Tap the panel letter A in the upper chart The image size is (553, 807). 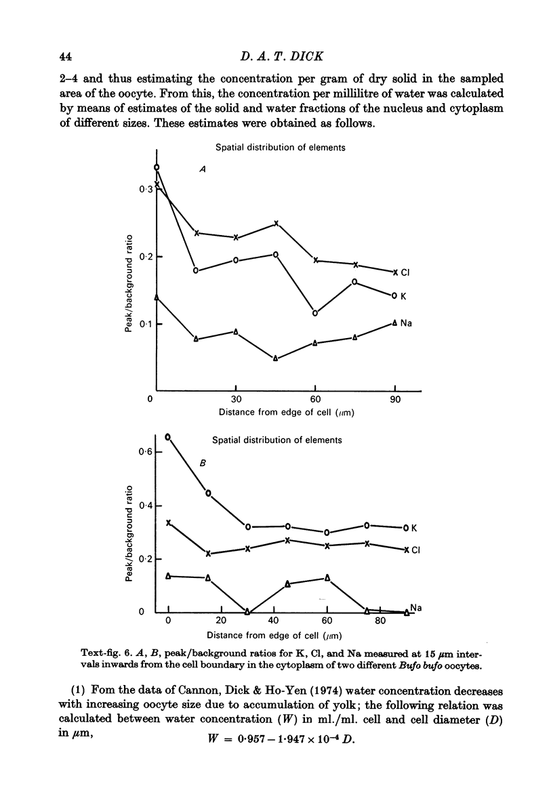tap(203, 171)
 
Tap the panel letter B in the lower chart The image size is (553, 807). tap(202, 463)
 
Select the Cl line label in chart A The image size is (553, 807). tap(405, 273)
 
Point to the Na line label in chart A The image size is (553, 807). tap(407, 323)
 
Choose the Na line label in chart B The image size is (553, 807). tap(415, 608)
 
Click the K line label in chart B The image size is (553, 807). tap(415, 528)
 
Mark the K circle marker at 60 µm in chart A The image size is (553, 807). tap(315, 313)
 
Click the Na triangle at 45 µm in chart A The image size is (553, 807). tap(276, 358)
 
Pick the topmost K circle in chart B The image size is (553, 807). tap(168, 437)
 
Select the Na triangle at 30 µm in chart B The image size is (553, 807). tap(247, 612)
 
